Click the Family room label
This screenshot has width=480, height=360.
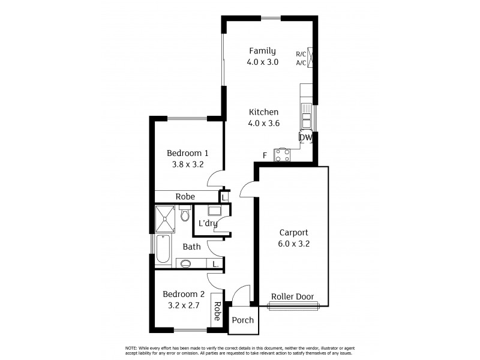[x=263, y=51]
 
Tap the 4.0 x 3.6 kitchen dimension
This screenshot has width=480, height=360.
[x=263, y=123]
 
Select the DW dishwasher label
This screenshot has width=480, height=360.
[x=306, y=137]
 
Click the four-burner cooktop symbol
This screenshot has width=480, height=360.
[x=282, y=155]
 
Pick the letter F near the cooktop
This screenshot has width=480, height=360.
[x=265, y=156]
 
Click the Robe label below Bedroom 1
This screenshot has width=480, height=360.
[x=185, y=197]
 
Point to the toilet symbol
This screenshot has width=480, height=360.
[x=185, y=214]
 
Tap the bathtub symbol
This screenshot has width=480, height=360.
[x=163, y=250]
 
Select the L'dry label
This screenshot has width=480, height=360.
[x=208, y=224]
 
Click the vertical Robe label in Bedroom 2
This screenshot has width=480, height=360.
[x=217, y=311]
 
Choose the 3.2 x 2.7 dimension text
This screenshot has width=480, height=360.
[x=184, y=305]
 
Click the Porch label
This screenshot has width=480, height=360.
[x=243, y=320]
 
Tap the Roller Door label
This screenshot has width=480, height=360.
[x=292, y=297]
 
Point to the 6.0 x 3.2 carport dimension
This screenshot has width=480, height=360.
[x=293, y=244]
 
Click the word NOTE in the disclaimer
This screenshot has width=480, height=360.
[x=131, y=349]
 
